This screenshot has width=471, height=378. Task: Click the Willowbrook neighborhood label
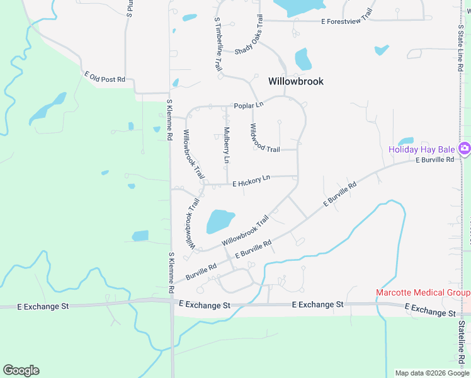point(295,81)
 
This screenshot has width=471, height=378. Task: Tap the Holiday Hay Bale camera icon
point(465,149)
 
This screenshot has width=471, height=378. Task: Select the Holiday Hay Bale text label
point(421,149)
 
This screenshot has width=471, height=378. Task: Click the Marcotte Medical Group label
point(423,292)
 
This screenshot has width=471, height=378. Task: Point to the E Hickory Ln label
point(251,181)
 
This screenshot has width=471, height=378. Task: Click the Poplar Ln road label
point(248,105)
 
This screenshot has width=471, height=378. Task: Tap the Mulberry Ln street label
point(226,146)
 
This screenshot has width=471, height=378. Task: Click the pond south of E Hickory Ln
point(220,221)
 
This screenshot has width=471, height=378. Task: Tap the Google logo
point(21,370)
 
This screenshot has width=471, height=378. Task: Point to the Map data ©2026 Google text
point(431,373)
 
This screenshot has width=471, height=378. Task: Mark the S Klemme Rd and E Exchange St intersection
point(172,302)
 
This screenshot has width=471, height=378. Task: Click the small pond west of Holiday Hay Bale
point(406,141)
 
